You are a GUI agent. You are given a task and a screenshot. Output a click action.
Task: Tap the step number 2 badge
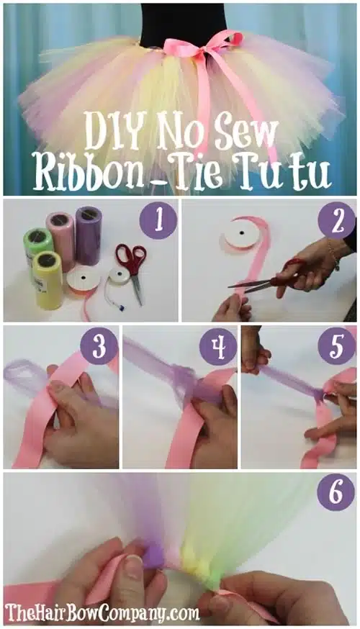337,220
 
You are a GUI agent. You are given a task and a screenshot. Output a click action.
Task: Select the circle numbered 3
99,345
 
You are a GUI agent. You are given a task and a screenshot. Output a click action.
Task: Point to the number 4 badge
218,345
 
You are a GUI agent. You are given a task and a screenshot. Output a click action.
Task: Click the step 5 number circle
337,345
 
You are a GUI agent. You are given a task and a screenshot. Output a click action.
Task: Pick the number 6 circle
336,492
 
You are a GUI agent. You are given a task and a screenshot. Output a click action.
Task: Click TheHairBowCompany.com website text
102,613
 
